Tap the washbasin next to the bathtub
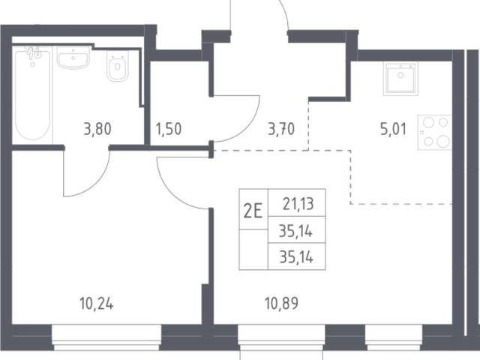[x=73, y=57]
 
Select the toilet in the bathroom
[x=117, y=66]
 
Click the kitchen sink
[x=400, y=78]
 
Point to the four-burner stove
[x=435, y=132]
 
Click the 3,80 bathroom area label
[x=97, y=129]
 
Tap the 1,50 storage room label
[x=169, y=129]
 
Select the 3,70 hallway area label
[x=281, y=129]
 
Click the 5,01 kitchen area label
[x=393, y=129]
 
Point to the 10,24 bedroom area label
[x=97, y=304]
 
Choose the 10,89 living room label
[x=281, y=304]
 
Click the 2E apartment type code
[x=253, y=211]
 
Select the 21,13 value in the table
[x=298, y=204]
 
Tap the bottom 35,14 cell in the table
[x=296, y=257]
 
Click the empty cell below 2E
[x=253, y=250]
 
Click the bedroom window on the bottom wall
[x=106, y=337]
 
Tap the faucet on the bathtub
[x=33, y=52]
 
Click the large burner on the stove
[x=442, y=142]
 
